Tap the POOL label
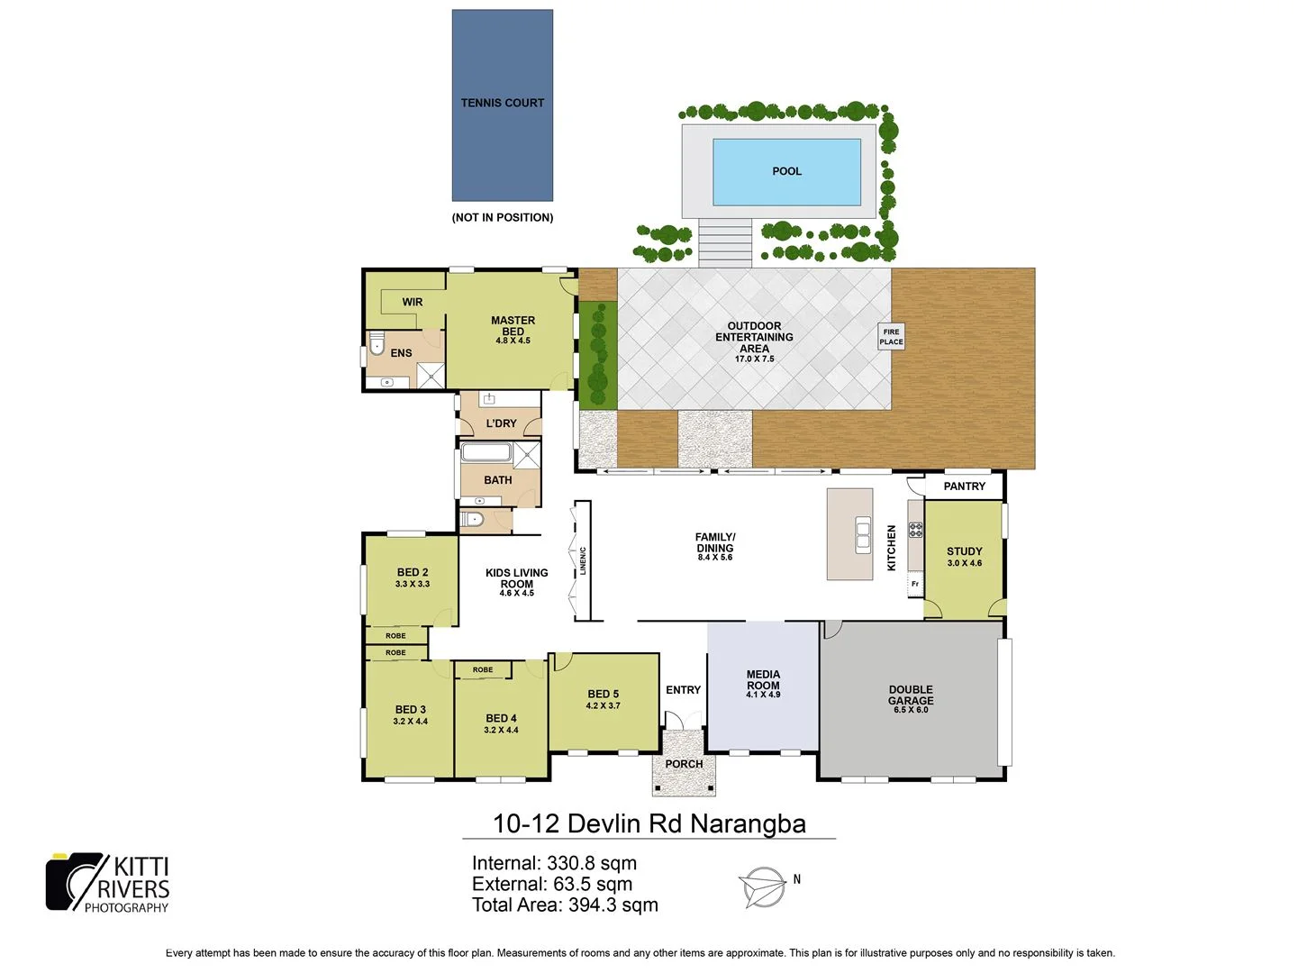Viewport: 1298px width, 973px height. coord(786,171)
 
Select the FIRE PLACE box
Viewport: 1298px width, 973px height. coord(891,337)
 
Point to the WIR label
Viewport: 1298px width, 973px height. coord(413,302)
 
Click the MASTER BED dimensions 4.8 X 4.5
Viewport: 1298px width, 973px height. coord(513,341)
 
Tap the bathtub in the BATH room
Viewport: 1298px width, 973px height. coord(486,453)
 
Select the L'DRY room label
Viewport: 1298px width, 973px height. coord(502,423)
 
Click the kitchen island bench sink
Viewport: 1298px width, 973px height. coord(863,535)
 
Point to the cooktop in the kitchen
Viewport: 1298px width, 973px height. coord(915,530)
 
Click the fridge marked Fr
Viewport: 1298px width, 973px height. coord(915,584)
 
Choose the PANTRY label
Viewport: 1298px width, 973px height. coord(964,486)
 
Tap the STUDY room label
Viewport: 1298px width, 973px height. coord(964,551)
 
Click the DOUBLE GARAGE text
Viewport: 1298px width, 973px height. coord(911,695)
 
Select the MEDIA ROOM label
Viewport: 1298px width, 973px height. coord(763,679)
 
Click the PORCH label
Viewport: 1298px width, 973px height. coord(684,764)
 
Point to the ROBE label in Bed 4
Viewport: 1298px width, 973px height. coord(483,669)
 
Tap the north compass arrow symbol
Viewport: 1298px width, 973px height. coord(762,887)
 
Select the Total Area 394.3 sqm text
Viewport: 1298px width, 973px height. coord(565,905)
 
